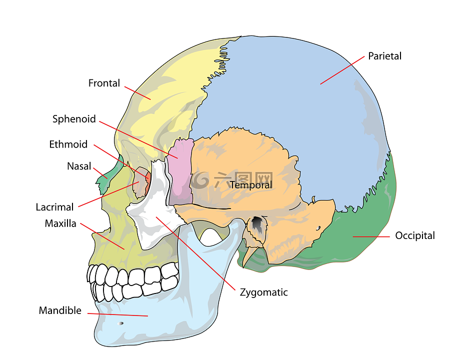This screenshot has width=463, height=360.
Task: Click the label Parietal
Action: point(384,56)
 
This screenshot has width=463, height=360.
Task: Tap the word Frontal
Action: point(104,83)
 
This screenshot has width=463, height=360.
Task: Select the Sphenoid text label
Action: point(74,119)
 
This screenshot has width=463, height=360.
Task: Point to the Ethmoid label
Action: point(68,144)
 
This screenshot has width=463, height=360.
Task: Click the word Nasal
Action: point(79,166)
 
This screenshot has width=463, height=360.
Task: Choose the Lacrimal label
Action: point(54,207)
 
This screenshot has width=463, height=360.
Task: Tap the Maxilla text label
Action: point(60,223)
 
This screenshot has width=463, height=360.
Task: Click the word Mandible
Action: point(60,310)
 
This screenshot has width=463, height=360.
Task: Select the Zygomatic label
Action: point(263,292)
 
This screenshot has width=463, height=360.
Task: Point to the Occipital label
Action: point(415,235)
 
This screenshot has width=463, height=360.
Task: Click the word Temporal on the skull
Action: point(251,185)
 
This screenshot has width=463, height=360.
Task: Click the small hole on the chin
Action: point(120,323)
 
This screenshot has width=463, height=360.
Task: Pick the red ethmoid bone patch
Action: point(148,178)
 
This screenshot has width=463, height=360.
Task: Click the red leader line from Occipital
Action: point(371,236)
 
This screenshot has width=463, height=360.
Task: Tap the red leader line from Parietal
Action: point(342,70)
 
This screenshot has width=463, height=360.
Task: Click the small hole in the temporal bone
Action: point(318,228)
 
